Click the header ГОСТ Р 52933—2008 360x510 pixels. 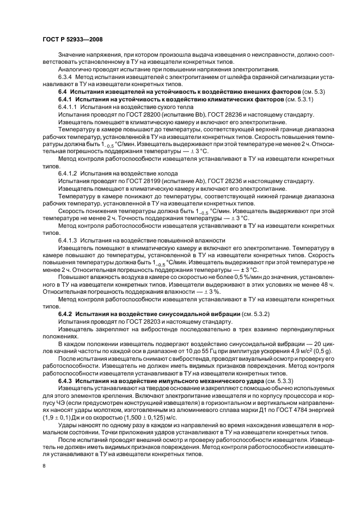72,40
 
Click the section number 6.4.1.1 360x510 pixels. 69,108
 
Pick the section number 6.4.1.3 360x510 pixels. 69,240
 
